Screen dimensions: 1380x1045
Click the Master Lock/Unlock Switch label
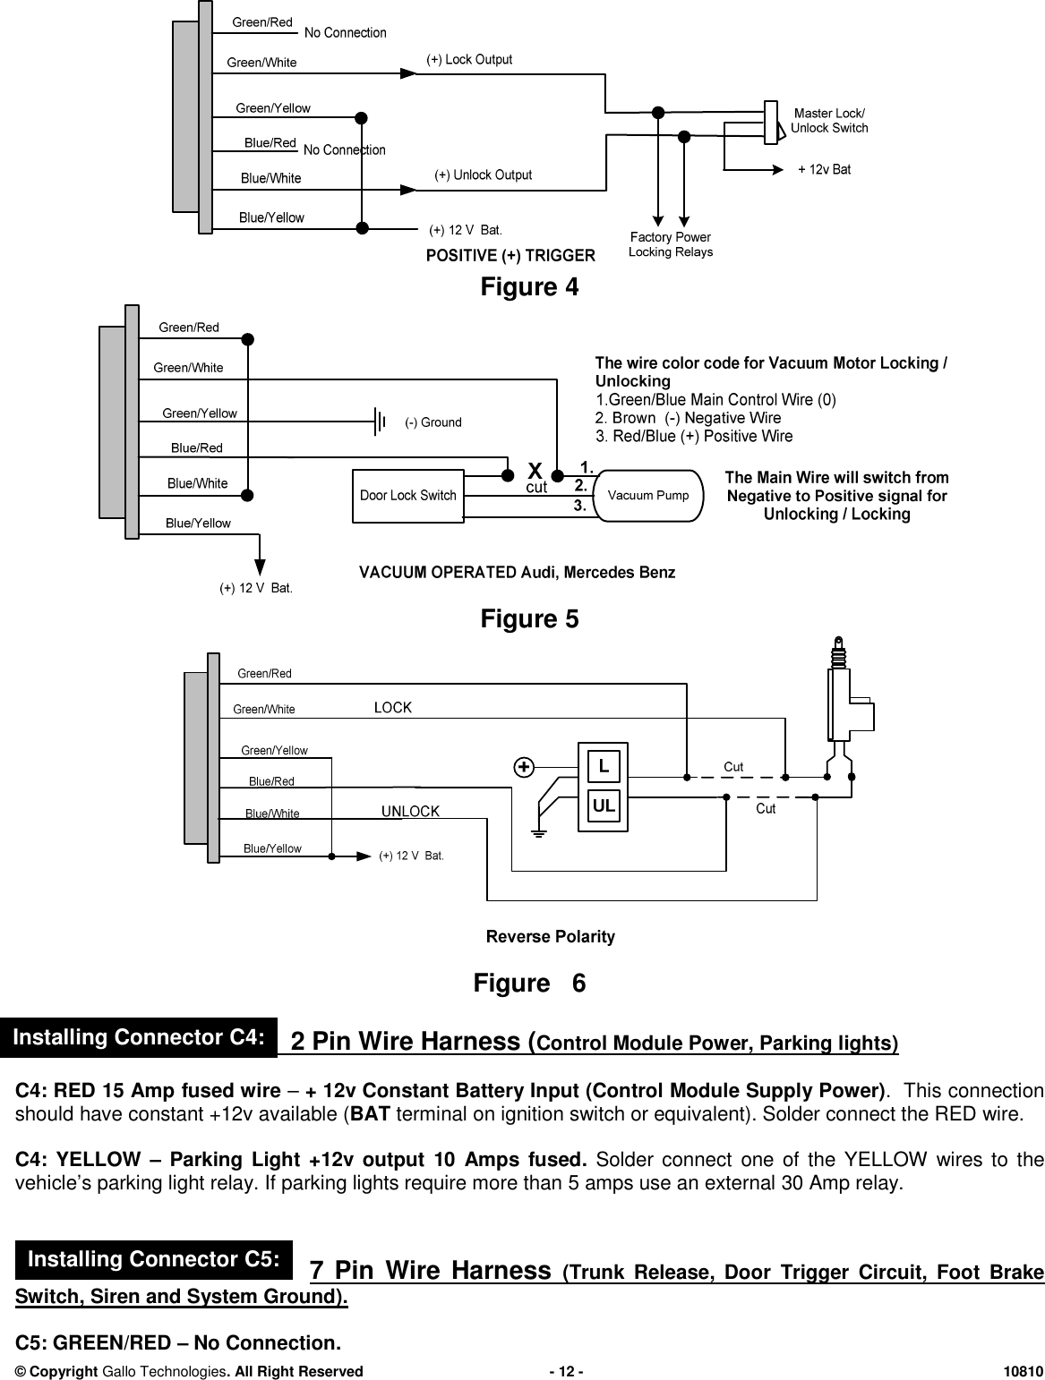829,121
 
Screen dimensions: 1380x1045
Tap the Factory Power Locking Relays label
671,244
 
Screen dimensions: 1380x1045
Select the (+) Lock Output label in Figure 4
469,60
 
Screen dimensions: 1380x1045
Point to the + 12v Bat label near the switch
824,169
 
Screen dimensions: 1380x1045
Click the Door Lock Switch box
407,495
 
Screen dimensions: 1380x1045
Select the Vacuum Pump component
648,495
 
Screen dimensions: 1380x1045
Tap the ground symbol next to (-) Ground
381,421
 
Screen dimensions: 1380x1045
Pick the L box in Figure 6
604,765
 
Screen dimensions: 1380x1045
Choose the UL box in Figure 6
604,805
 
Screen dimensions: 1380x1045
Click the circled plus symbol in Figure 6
524,767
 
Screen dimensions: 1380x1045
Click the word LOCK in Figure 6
392,708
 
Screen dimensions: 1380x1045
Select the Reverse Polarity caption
550,937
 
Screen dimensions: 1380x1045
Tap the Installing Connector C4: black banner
140,1038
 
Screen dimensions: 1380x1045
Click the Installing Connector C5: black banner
151,1260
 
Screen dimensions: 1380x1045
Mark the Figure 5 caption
529,619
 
